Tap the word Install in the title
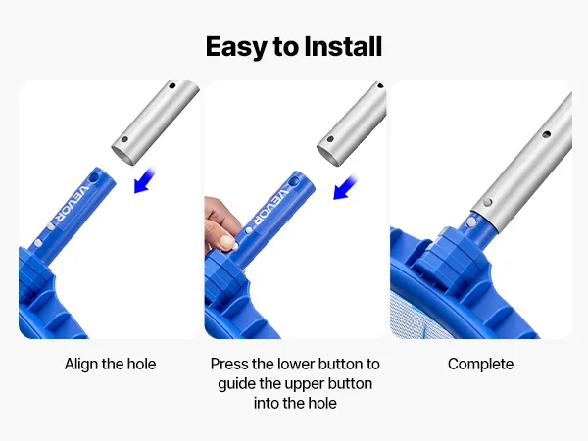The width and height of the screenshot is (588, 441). (343, 46)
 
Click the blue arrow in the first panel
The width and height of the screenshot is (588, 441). (144, 181)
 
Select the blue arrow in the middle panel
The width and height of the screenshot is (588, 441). (345, 187)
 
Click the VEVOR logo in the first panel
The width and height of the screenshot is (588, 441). (72, 202)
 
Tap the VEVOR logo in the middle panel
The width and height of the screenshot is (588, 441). (270, 207)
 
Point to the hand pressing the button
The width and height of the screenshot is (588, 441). (222, 225)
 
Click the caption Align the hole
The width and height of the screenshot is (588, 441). (110, 365)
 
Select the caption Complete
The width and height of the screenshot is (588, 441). (481, 365)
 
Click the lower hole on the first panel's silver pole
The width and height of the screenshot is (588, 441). (124, 139)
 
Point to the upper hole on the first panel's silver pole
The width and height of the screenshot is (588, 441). (172, 85)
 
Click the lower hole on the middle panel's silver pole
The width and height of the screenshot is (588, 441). (330, 139)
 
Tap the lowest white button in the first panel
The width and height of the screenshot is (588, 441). (38, 243)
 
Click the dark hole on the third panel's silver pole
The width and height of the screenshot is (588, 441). (547, 134)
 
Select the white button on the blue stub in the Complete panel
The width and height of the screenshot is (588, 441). (471, 222)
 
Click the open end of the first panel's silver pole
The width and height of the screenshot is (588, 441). (123, 155)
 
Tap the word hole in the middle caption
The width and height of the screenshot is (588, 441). (322, 403)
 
